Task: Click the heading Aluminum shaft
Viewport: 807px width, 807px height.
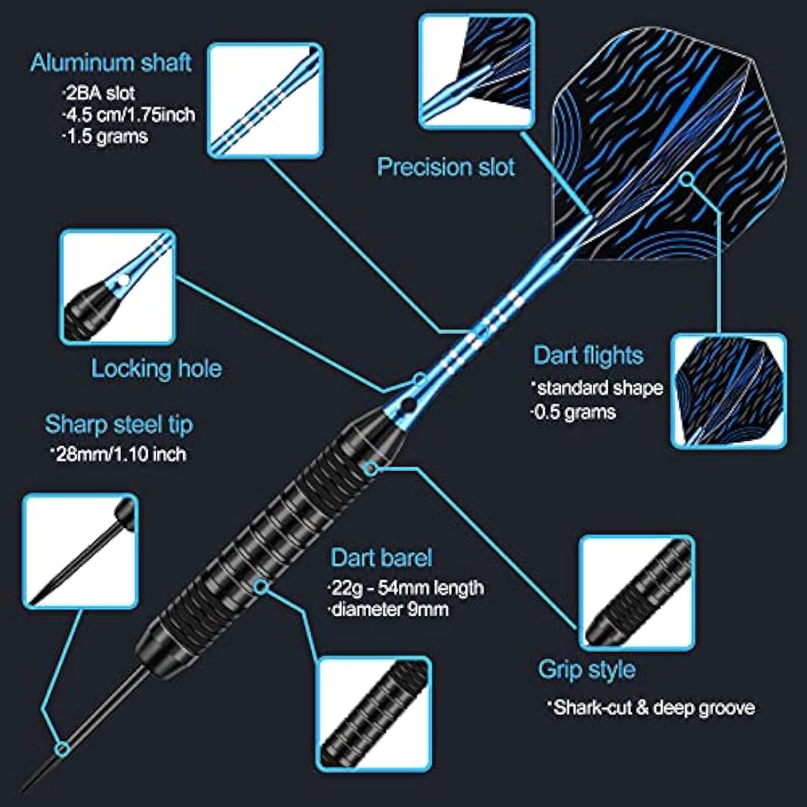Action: pyautogui.click(x=110, y=63)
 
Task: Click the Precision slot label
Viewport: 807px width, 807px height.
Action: pyautogui.click(x=446, y=167)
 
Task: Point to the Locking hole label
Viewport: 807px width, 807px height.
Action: pyautogui.click(x=156, y=368)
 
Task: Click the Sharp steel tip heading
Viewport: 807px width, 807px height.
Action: pyautogui.click(x=119, y=424)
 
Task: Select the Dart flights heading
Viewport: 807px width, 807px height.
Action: pyautogui.click(x=588, y=356)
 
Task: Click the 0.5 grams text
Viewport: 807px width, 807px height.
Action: pyautogui.click(x=574, y=412)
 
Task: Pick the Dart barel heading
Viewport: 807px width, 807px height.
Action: pyautogui.click(x=381, y=558)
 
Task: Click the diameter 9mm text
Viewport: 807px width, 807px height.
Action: pyautogui.click(x=388, y=609)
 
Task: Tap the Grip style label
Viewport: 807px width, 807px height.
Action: pyautogui.click(x=587, y=669)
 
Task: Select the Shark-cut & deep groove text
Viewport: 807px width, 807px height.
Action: pyautogui.click(x=650, y=707)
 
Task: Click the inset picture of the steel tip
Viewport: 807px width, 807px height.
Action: pyautogui.click(x=81, y=551)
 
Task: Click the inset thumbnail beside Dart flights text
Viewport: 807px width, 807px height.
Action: pyautogui.click(x=729, y=391)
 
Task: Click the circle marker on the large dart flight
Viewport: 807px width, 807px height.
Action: pyautogui.click(x=686, y=178)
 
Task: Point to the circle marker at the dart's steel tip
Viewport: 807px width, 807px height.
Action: pyautogui.click(x=63, y=749)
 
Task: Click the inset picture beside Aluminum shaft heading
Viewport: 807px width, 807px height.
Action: pyautogui.click(x=266, y=100)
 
